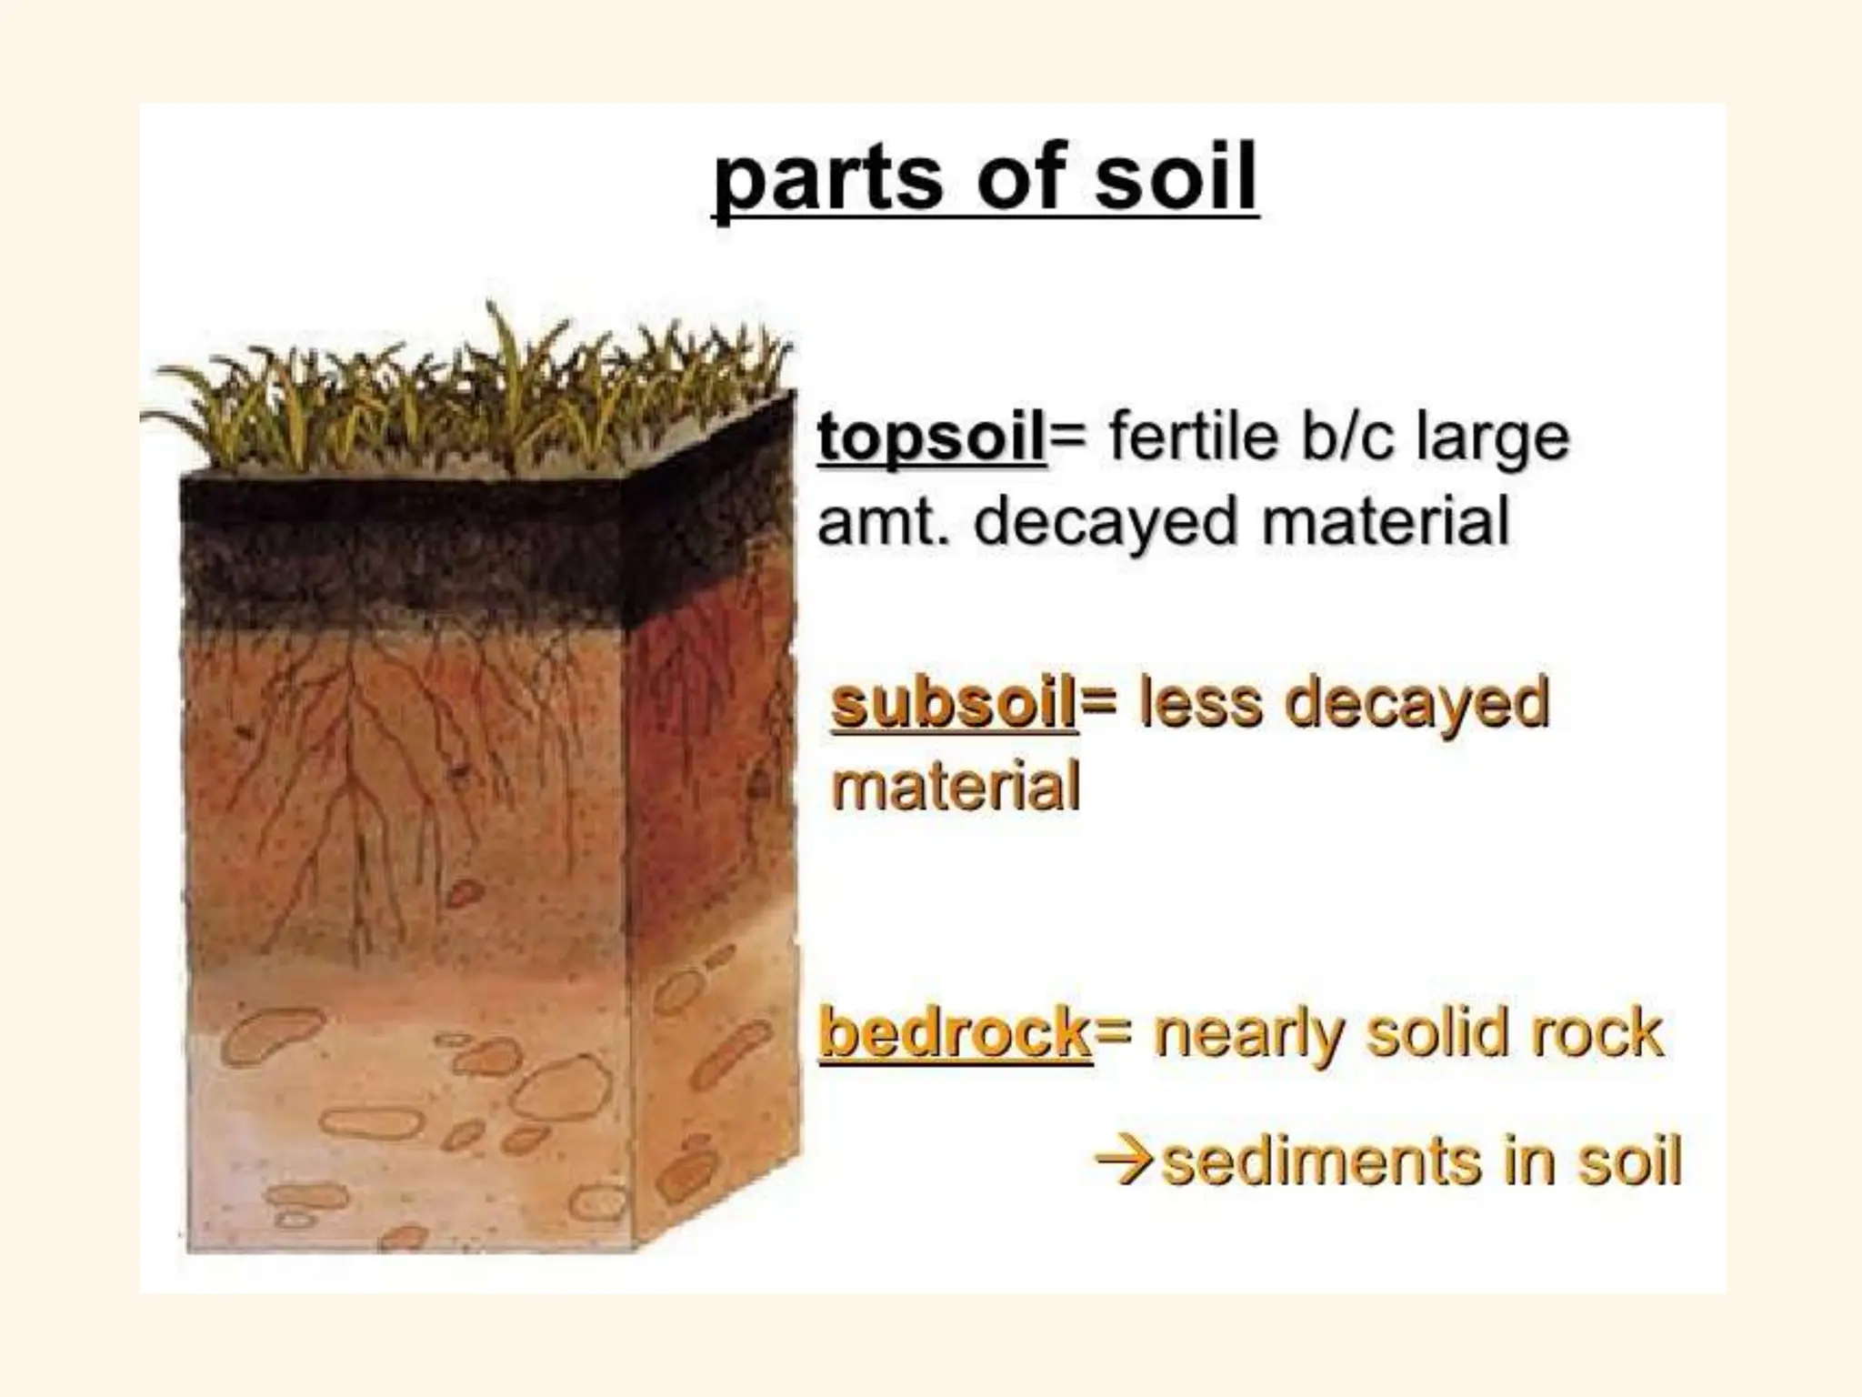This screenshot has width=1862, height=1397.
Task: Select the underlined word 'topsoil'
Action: (x=932, y=437)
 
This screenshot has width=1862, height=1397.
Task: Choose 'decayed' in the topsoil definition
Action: (x=1106, y=523)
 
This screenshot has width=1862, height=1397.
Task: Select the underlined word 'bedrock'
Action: (x=955, y=1034)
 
